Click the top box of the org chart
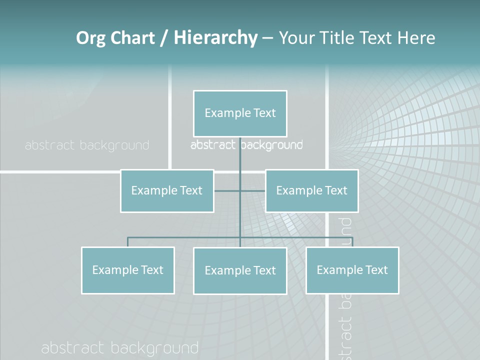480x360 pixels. point(240,113)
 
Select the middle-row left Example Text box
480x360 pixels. point(167,190)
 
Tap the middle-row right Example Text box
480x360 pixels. point(311,190)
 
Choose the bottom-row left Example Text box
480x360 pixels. point(127,270)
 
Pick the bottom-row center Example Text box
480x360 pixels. point(240,270)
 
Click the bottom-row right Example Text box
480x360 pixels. point(352,270)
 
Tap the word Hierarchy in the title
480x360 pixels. point(215,38)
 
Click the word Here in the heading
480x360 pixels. point(416,38)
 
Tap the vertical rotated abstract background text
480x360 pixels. point(345,290)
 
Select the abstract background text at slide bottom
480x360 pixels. point(120,348)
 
